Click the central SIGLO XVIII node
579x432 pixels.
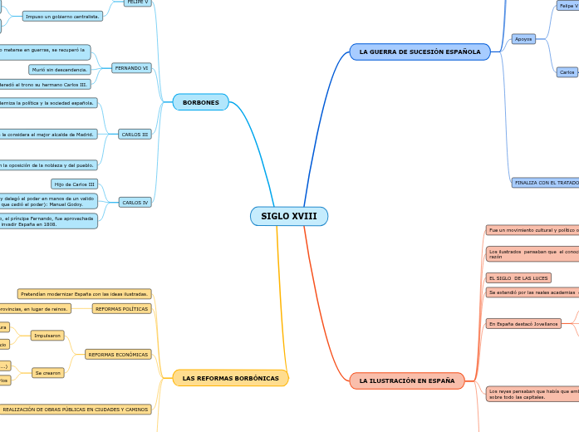pos(289,216)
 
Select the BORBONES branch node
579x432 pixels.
pos(200,102)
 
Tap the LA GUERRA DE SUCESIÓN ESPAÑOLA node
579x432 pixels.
pos(420,52)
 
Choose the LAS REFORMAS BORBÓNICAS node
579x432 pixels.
pos(230,378)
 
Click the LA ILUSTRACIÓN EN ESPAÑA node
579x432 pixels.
pos(406,380)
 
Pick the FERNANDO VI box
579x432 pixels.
pos(131,68)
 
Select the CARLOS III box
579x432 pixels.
pos(135,134)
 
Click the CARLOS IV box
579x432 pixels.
pos(135,202)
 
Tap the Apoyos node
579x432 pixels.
pos(523,39)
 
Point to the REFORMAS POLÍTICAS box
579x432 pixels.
pos(121,309)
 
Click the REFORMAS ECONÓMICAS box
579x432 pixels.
pos(118,354)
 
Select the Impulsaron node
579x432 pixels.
pos(47,336)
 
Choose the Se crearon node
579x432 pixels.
pos(47,373)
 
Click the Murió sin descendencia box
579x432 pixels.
pos(60,70)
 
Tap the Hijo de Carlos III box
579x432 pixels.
pos(74,184)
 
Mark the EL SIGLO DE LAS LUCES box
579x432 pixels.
pos(518,277)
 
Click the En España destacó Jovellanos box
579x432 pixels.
pos(523,323)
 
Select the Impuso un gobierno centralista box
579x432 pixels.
pos(62,16)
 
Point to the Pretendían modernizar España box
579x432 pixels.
pos(84,293)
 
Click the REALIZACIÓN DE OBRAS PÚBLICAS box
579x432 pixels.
pos(75,410)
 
